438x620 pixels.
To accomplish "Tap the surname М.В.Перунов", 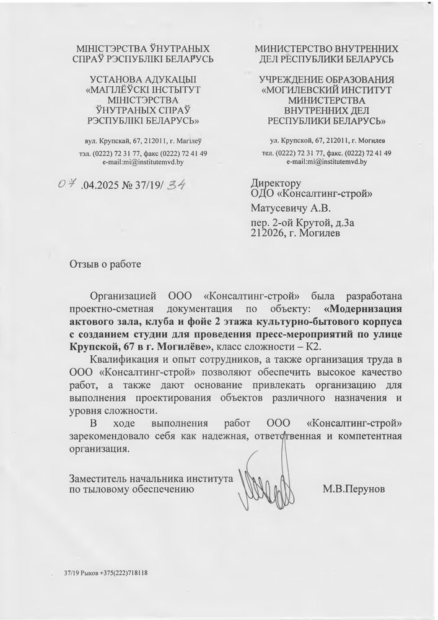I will click(353, 489).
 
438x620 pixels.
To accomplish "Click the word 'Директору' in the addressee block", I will click(276, 184).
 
